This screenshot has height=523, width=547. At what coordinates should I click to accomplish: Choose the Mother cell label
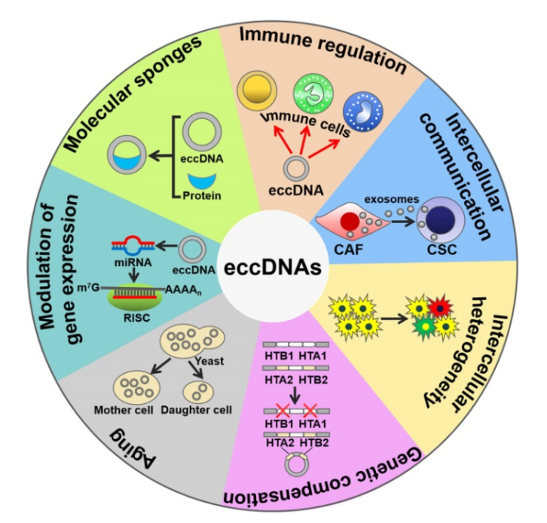point(124,411)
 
